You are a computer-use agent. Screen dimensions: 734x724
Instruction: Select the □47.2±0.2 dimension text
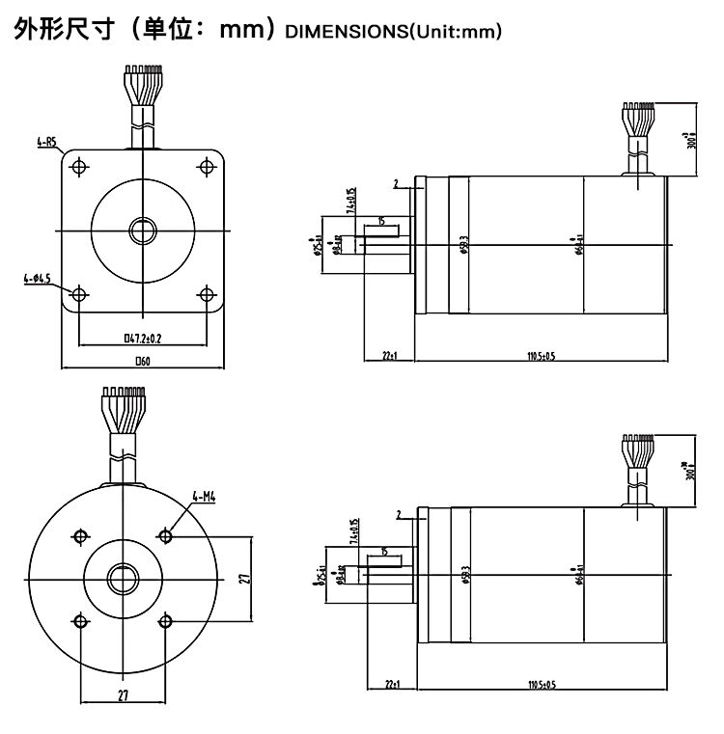[x=142, y=339]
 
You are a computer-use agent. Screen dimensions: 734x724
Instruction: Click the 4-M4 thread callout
[x=204, y=498]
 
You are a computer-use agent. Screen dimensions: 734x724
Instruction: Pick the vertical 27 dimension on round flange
[x=245, y=579]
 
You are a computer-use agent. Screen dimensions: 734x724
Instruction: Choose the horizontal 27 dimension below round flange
[x=123, y=693]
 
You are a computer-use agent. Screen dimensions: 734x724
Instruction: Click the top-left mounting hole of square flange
[x=80, y=166]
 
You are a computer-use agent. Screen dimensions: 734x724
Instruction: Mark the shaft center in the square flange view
[x=142, y=230]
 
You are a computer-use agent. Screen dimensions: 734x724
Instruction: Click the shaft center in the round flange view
[x=123, y=579]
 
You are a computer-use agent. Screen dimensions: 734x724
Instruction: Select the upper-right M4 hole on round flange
[x=166, y=535]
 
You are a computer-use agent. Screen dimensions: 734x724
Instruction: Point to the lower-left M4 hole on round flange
[x=80, y=622]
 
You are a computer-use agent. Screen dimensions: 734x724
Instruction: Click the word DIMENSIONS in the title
[x=333, y=32]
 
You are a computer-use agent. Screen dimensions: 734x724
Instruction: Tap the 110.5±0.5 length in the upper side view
[x=541, y=356]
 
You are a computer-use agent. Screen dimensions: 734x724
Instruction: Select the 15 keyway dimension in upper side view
[x=381, y=222]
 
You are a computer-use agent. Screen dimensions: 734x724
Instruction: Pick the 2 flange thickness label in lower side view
[x=398, y=514]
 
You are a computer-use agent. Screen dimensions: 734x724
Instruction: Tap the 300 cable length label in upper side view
[x=691, y=141]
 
